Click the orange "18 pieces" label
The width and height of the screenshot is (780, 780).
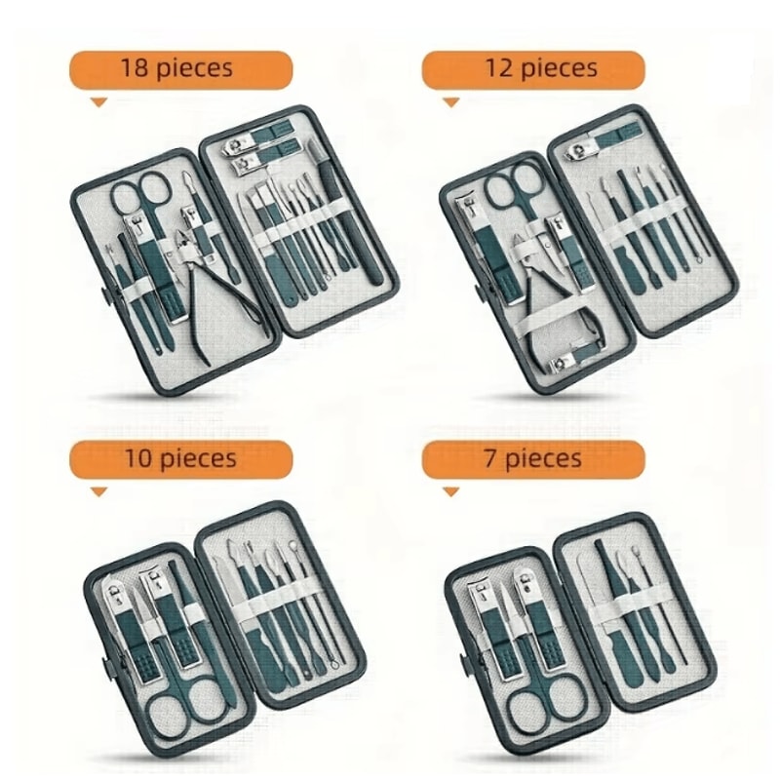[x=180, y=69]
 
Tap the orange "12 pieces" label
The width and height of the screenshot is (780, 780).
[x=532, y=69]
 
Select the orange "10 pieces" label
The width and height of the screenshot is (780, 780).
[x=180, y=458]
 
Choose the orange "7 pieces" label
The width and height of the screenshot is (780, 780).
[x=532, y=458]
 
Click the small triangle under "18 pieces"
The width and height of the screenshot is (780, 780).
[x=97, y=100]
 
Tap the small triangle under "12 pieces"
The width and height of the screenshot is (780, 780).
[x=449, y=100]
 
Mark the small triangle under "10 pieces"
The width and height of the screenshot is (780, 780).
[x=97, y=490]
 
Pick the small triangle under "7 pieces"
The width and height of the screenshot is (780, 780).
[x=449, y=490]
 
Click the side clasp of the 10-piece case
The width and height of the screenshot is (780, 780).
[x=105, y=668]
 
